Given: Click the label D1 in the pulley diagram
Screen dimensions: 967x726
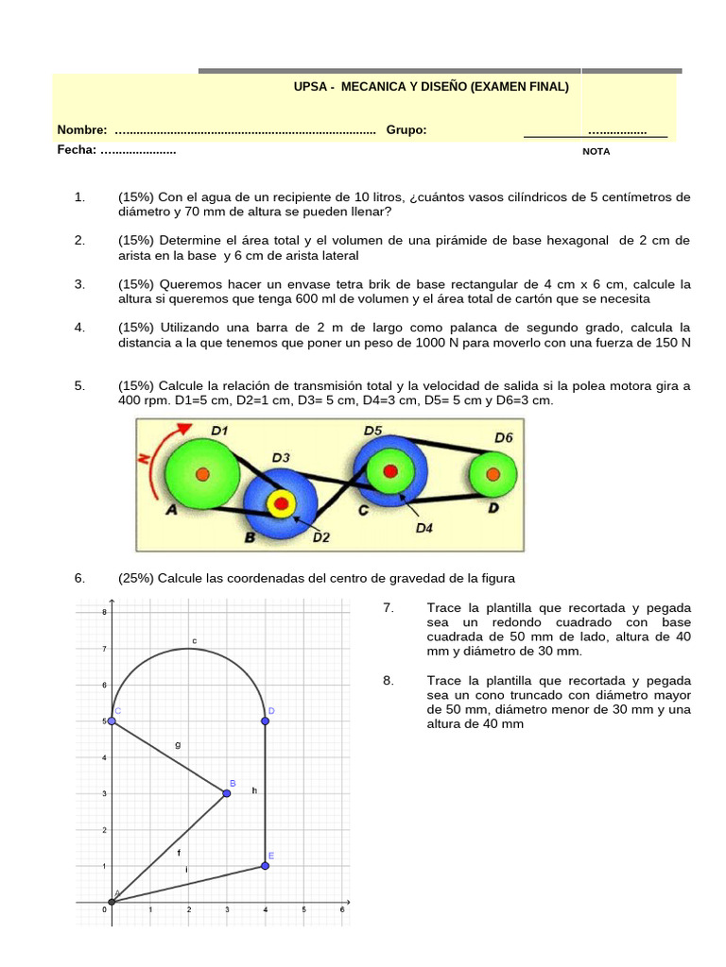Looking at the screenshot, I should (x=219, y=431).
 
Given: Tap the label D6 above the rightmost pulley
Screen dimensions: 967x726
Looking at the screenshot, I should (x=504, y=437).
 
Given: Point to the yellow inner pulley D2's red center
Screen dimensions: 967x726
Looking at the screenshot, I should (x=280, y=503).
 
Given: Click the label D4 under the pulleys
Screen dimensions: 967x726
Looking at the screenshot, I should (x=424, y=529).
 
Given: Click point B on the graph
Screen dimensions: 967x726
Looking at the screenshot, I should (x=226, y=793).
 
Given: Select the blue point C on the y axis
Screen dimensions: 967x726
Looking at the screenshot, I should (x=112, y=721).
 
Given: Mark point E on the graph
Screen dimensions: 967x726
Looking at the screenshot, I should (x=265, y=866).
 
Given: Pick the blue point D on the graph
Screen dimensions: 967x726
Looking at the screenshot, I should (x=265, y=721).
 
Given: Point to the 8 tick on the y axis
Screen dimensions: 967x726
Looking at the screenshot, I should (x=104, y=612).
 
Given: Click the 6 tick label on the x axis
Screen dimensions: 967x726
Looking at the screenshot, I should (x=341, y=910).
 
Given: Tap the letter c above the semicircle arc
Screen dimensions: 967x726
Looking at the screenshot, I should (x=194, y=640).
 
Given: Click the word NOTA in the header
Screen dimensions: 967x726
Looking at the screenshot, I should (x=596, y=151).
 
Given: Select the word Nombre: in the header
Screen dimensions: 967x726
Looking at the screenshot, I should (x=82, y=130).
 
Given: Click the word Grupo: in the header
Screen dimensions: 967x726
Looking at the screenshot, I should (x=406, y=130).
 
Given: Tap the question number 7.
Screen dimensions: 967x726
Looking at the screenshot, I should (x=389, y=607).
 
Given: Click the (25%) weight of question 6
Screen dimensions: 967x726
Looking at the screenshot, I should (x=136, y=578).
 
